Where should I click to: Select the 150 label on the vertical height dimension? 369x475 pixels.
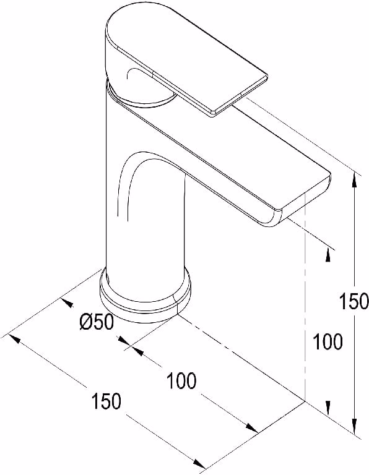coord(354,301)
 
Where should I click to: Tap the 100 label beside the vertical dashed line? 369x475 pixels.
coord(328,341)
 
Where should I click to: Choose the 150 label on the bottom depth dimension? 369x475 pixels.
coord(106,401)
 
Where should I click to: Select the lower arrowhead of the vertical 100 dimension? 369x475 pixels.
coord(328,408)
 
